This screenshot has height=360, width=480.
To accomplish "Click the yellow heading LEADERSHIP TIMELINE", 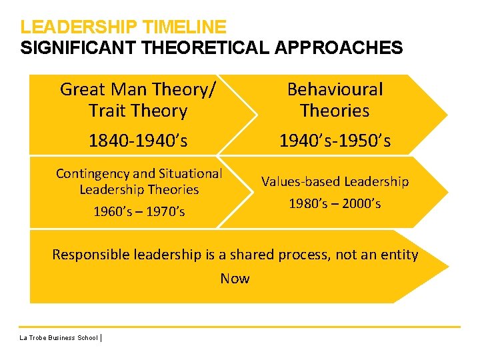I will click(x=123, y=27).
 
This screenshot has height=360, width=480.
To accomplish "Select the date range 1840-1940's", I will click(x=138, y=140).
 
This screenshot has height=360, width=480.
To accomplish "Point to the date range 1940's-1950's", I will click(x=335, y=140).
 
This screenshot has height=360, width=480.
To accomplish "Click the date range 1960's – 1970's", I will click(x=139, y=212).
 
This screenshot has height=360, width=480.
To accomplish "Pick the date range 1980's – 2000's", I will click(x=335, y=204).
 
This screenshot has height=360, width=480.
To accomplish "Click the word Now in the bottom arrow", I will click(x=235, y=279).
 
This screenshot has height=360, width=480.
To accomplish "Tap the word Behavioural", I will click(x=335, y=89).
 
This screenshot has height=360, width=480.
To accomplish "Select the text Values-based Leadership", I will click(x=335, y=181).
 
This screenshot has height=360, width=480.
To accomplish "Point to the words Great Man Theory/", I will click(x=138, y=89).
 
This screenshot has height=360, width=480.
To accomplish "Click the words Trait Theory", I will click(x=138, y=111).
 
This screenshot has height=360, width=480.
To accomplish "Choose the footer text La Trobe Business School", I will click(x=59, y=338).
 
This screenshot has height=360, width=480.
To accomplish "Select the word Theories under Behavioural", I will click(x=335, y=111).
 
